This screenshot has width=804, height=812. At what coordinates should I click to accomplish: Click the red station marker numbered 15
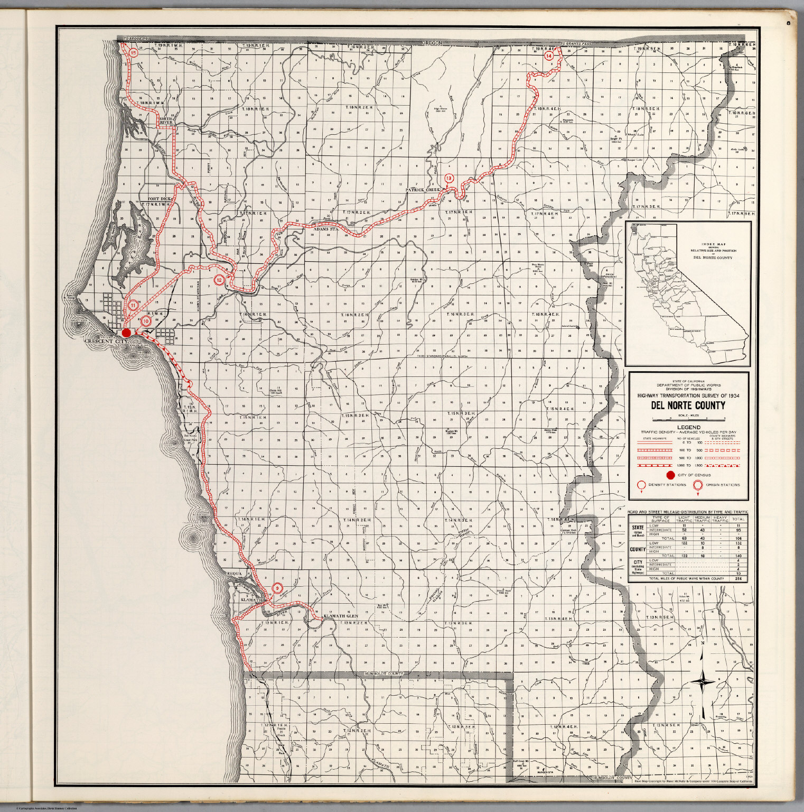coord(133,53)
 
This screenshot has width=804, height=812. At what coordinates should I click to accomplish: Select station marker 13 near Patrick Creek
coord(448,179)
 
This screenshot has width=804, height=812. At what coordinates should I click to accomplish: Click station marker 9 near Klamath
coord(277,587)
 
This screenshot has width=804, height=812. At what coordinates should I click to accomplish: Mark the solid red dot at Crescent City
coord(126,333)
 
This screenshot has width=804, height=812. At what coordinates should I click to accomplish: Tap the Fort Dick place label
coord(154,199)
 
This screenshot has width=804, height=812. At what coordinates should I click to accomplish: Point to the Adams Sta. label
coord(325,230)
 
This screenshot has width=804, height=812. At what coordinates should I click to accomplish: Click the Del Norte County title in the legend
coord(688,406)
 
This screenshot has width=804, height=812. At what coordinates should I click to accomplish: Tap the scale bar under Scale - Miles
coord(688,418)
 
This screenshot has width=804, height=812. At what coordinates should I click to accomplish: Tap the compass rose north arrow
coord(703,681)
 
